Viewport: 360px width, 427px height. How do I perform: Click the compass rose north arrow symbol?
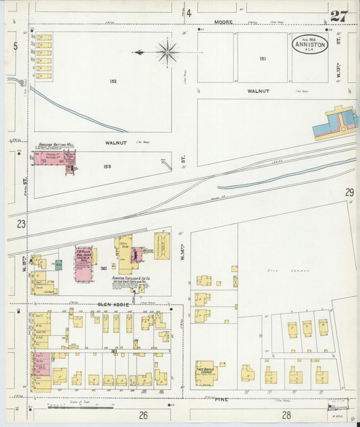tap(165, 51)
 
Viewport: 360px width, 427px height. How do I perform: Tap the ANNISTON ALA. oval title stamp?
tap(310, 45)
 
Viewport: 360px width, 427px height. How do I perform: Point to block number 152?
tap(113, 81)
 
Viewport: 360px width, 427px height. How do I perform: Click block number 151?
tap(262, 59)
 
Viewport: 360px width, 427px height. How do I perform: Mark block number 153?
tap(107, 166)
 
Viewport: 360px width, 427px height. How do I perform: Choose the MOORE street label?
tap(224, 22)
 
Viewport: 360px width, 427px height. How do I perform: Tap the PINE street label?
tap(222, 399)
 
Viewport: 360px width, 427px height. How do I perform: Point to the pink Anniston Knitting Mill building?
tap(54, 163)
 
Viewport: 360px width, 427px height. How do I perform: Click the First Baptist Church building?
tap(205, 372)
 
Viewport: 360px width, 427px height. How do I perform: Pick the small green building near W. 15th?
tap(59, 265)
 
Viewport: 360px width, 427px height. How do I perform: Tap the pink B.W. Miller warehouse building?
tap(83, 262)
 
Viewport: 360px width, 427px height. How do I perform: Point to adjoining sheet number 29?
tap(349, 193)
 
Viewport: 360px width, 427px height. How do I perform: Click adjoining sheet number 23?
tap(22, 224)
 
